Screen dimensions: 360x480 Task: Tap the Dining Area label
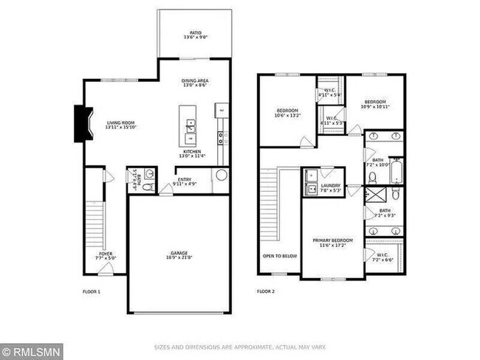(x=195, y=83)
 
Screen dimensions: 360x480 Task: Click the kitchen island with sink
(x=190, y=126)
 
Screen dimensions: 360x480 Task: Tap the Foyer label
(x=106, y=256)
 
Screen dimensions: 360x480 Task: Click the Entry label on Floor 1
(x=184, y=181)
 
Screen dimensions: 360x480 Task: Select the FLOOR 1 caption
(x=92, y=292)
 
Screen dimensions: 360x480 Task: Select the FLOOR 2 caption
(x=266, y=292)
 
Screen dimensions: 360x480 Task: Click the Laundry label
(x=332, y=187)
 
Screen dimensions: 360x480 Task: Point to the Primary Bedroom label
(x=332, y=243)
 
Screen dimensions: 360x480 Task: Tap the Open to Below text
(x=279, y=256)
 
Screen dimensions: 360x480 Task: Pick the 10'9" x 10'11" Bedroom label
(x=374, y=104)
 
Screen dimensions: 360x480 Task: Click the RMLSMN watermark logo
(x=32, y=350)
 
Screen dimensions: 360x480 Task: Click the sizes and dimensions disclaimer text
(x=239, y=347)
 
